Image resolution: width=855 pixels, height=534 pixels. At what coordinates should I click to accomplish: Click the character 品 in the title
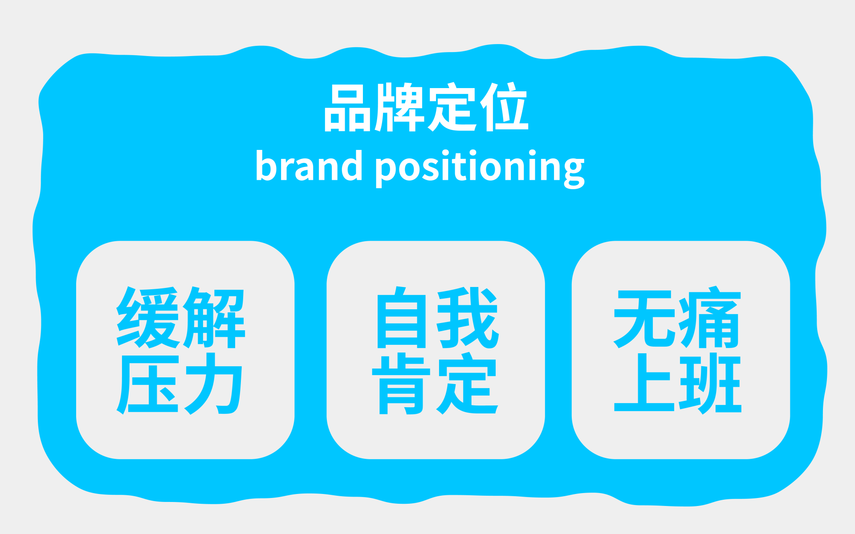pos(348,108)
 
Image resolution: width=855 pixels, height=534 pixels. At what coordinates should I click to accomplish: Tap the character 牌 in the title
pos(399,107)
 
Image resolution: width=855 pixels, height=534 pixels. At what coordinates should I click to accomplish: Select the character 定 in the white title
pos(452,107)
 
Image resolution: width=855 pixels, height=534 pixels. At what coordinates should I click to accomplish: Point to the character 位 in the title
pos(504,107)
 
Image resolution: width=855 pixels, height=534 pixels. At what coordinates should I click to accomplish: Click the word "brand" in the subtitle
pos(309,165)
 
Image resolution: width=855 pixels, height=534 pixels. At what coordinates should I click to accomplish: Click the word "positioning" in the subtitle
pos(480,169)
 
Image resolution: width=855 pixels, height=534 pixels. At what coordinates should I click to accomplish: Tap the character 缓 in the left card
pos(148,317)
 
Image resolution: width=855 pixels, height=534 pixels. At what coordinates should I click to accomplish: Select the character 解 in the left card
pos(214,317)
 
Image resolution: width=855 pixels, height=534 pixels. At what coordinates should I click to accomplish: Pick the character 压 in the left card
pos(148,384)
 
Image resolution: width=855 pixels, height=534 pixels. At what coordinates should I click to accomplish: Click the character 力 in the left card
pos(214,384)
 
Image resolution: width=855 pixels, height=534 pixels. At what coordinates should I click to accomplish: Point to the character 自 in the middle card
pos(402,317)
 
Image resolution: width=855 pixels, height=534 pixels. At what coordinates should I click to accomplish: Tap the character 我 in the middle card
pos(468,317)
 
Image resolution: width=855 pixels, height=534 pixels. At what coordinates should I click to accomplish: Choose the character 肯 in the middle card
pos(402,384)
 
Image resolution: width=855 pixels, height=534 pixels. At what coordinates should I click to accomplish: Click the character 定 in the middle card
pos(468,384)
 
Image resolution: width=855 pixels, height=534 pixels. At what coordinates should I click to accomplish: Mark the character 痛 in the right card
pos(710,317)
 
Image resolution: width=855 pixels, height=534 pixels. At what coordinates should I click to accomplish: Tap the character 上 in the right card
pos(644,382)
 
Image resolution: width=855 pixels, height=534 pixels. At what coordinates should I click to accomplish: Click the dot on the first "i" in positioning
pos(446,153)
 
